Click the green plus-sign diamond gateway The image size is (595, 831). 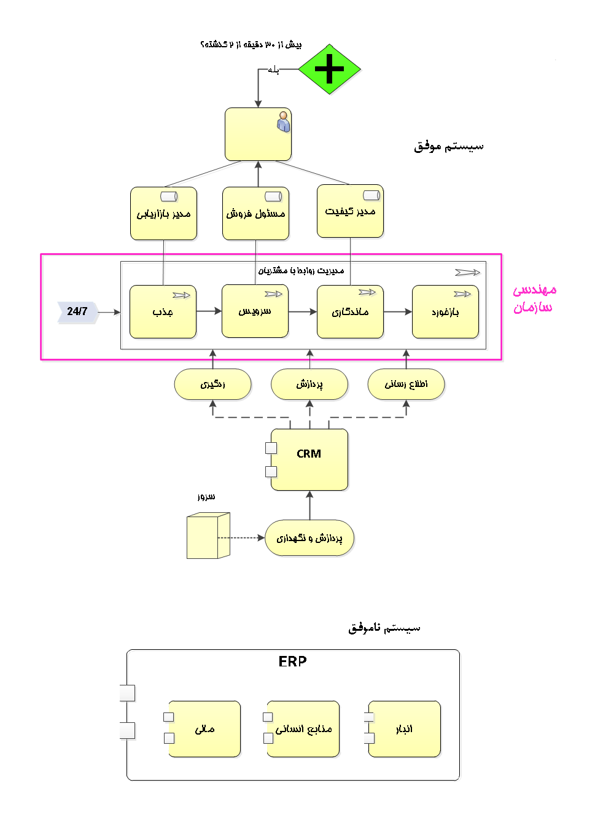pos(329,69)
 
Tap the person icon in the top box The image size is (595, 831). pos(283,122)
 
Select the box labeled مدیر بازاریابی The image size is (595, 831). pos(163,214)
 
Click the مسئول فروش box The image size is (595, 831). pos(255,214)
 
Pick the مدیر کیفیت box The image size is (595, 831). pos(350,211)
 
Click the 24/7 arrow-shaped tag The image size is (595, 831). pos(77,312)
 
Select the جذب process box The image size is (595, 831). pos(163,312)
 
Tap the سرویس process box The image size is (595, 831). pos(255,311)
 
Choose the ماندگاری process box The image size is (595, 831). pos(350,312)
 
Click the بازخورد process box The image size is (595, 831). pos(445,312)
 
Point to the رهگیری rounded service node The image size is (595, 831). pos(212,384)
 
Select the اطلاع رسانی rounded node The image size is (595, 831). pos(406,384)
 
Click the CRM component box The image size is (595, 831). pos(309,459)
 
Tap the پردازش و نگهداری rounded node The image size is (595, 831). pos(309,538)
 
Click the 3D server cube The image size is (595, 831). pos(208,536)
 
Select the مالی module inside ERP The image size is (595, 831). pos(204,729)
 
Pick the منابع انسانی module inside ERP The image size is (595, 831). pos(303,729)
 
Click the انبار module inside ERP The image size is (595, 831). pos(404,729)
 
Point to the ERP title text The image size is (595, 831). pos(292,661)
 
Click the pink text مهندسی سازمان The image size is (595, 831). pos(534,298)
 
